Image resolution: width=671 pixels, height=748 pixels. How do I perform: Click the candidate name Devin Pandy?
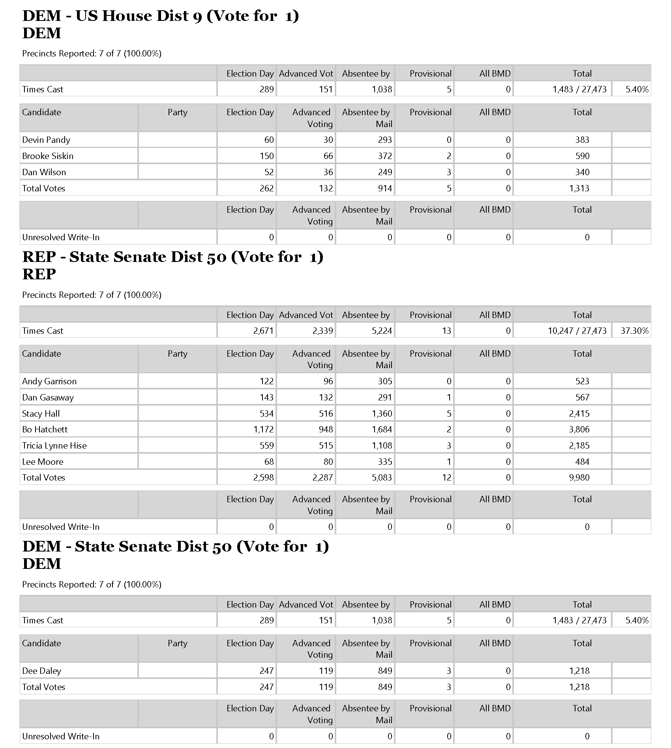46,140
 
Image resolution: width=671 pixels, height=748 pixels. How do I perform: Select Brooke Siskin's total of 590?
582,156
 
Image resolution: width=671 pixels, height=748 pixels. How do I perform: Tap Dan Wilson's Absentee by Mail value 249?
384,172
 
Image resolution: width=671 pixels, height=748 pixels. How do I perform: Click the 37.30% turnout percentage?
634,331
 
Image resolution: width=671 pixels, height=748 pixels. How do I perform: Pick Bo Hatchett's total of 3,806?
579,430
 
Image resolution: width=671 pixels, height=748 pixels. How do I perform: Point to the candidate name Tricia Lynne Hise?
54,446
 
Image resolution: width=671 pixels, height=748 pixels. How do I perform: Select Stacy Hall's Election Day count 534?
266,414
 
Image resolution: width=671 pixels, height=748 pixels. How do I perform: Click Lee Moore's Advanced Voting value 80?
328,462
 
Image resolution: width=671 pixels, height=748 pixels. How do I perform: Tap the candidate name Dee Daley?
42,671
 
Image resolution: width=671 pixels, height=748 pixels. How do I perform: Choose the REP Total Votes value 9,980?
579,478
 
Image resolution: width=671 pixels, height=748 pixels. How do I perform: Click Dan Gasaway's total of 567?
582,398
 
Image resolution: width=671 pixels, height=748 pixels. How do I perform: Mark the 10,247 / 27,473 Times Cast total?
577,331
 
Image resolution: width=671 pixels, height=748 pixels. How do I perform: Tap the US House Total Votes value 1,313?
579,189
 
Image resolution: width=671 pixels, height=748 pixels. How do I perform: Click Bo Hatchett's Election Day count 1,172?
263,430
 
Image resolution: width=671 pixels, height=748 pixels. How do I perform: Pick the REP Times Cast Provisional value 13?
446,331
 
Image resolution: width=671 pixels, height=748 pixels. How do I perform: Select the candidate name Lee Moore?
43,462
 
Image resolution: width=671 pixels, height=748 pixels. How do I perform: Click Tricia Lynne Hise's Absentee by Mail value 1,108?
382,446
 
